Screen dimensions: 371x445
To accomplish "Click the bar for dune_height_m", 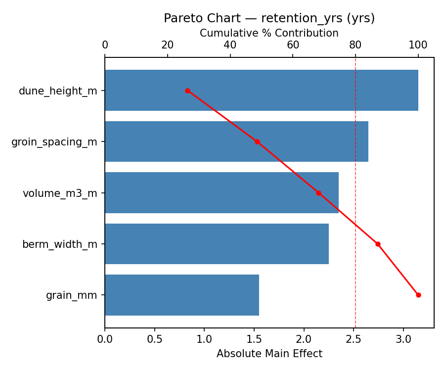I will (x=261, y=91).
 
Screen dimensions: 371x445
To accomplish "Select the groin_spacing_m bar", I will (x=236, y=141).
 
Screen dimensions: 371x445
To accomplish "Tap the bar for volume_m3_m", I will (x=222, y=193).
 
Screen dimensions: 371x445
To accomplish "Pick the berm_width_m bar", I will (x=217, y=244).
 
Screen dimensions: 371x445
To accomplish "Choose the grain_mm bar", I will (x=181, y=295).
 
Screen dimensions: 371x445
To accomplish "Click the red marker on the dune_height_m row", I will (x=187, y=91).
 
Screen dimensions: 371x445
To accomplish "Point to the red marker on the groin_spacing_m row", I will (x=257, y=141).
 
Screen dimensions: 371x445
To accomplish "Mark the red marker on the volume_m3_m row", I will (x=318, y=193).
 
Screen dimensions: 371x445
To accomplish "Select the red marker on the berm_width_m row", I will (x=378, y=244).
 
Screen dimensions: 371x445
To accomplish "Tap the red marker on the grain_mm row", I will (x=418, y=295).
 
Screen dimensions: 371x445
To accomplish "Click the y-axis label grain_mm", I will (x=72, y=295).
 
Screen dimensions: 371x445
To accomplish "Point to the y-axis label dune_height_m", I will (x=58, y=91).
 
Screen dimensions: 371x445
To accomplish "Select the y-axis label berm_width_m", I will (x=60, y=244).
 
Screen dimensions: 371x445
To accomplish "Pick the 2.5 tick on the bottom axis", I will (x=354, y=340).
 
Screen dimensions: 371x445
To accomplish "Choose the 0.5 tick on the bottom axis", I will (x=155, y=340).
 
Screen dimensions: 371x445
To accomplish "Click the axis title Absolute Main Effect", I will (x=269, y=354).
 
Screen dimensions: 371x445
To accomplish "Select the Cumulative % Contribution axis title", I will (x=269, y=33).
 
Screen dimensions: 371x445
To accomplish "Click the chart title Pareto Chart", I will (x=269, y=18).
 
